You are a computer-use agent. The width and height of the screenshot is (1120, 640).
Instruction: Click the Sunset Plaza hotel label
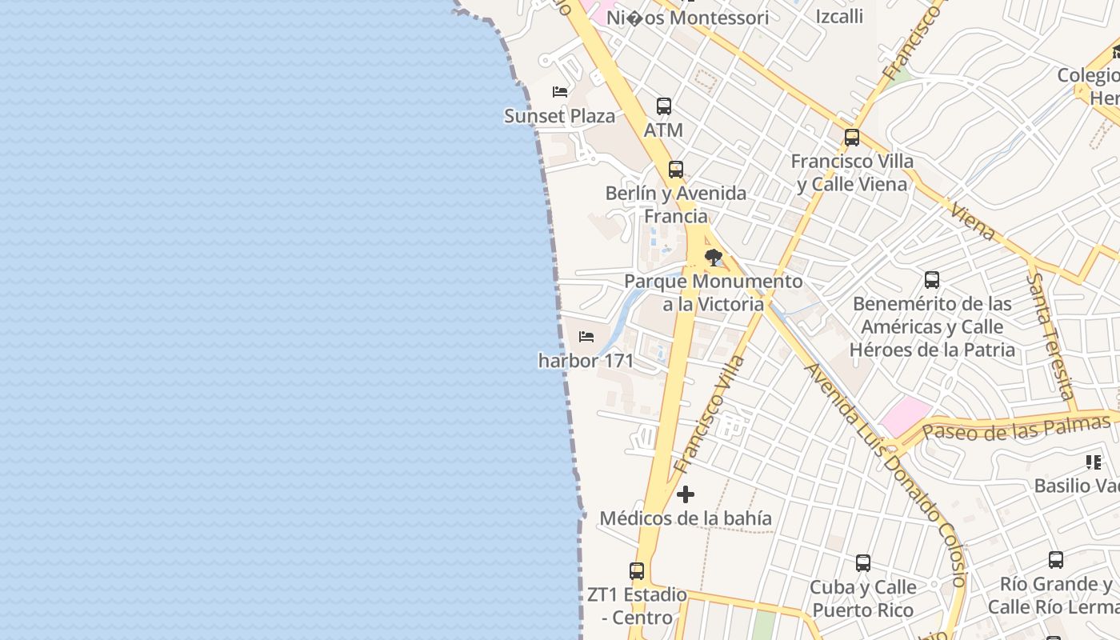coord(559,116)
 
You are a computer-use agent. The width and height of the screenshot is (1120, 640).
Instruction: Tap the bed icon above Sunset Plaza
coord(560,92)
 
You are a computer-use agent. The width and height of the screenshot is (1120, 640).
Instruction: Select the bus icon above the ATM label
coord(663,106)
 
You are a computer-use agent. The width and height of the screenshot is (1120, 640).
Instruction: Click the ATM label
coord(663,130)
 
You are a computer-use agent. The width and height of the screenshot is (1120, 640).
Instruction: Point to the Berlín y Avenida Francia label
coord(676,205)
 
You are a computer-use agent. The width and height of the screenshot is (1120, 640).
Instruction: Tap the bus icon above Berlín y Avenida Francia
coord(676,169)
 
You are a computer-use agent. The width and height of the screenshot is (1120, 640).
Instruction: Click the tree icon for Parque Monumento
coord(713,258)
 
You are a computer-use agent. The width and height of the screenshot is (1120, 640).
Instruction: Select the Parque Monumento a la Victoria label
coord(713,293)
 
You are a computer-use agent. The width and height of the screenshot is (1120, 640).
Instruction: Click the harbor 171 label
coord(586,361)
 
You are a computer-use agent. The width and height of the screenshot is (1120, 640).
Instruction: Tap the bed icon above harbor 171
coord(586,337)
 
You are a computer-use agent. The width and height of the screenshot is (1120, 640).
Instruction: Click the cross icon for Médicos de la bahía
coord(686,494)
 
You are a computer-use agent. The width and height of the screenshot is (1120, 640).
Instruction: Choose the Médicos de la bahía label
coord(686,518)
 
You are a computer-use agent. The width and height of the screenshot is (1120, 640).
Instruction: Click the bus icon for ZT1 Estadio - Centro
coord(637,571)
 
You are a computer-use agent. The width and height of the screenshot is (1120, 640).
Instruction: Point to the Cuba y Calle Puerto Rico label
coord(863,598)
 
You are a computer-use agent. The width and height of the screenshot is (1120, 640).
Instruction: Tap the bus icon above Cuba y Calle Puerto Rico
coord(863,563)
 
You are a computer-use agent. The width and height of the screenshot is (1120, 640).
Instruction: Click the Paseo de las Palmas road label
coord(1015,428)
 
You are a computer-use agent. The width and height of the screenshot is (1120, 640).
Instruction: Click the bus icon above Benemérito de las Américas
coord(932,280)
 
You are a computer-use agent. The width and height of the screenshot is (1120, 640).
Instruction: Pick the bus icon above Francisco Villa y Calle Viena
coord(852,138)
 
